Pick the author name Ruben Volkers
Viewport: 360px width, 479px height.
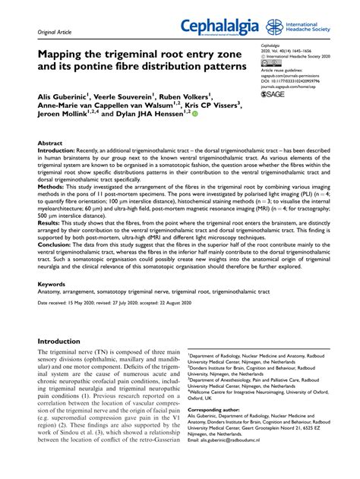click(x=183, y=97)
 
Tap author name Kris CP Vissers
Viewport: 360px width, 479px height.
click(x=210, y=108)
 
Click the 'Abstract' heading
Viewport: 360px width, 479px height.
click(x=50, y=143)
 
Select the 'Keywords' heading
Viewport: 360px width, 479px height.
click(x=52, y=285)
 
